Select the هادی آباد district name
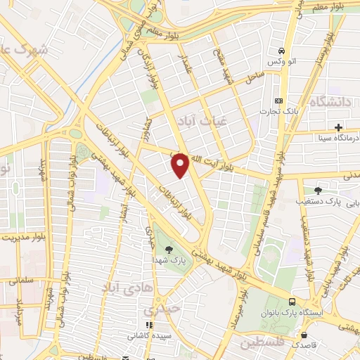tap(124, 288)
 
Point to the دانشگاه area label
tap(330, 103)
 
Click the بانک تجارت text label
tap(268, 112)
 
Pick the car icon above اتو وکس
tap(281, 51)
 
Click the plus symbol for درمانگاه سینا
tap(339, 127)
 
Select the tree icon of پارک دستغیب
tap(318, 190)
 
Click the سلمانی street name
tap(25, 280)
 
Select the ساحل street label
tap(254, 79)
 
